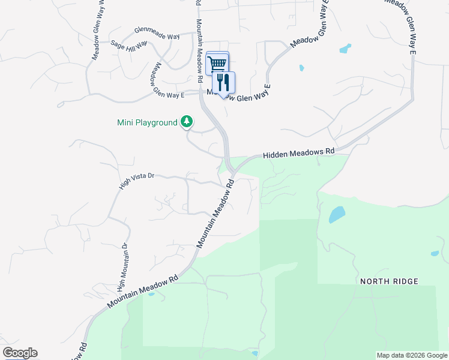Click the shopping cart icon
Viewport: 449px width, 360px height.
click(217, 62)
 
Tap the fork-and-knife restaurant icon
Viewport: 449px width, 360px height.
click(224, 83)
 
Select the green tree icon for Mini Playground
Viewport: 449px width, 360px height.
click(187, 122)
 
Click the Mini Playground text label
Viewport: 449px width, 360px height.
click(147, 123)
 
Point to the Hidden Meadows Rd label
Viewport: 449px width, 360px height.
click(298, 153)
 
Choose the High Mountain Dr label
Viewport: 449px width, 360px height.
click(123, 264)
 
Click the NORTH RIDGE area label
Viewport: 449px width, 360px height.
click(389, 281)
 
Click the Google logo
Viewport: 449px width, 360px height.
click(20, 353)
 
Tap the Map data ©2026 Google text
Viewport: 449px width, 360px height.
click(412, 355)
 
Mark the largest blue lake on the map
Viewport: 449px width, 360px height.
click(337, 214)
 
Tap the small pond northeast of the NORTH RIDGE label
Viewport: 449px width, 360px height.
click(435, 254)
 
